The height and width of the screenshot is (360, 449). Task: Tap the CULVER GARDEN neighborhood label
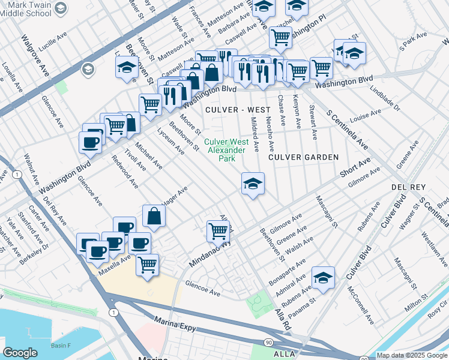[303, 157]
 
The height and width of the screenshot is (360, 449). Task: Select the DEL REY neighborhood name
[408, 187]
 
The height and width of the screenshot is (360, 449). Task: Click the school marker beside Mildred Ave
[253, 184]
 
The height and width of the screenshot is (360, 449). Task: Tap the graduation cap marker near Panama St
[323, 277]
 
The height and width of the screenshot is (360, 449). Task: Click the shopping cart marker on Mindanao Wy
[218, 230]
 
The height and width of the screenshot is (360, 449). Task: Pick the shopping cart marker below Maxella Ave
[147, 264]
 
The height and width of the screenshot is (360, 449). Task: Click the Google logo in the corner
[20, 353]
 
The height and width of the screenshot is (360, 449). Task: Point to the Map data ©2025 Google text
[412, 356]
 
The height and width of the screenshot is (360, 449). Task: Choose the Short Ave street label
[356, 168]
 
